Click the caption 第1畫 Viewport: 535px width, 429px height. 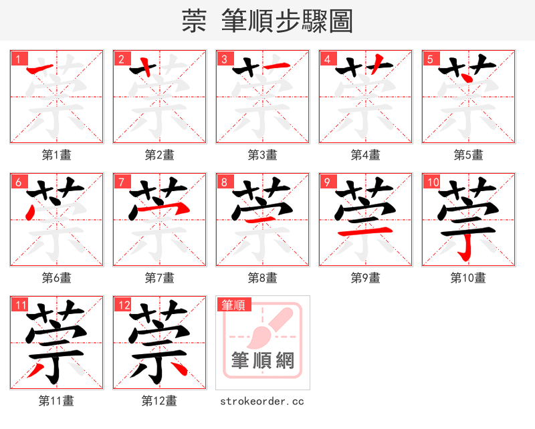click(x=57, y=155)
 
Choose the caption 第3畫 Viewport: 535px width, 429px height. click(x=263, y=155)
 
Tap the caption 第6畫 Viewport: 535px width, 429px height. click(x=57, y=277)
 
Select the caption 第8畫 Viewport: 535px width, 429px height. click(x=263, y=277)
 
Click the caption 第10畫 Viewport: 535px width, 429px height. click(x=468, y=277)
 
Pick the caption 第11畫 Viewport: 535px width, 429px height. click(x=57, y=401)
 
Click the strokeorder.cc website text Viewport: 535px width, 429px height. click(x=263, y=401)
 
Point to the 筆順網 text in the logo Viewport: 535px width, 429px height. click(x=263, y=361)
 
